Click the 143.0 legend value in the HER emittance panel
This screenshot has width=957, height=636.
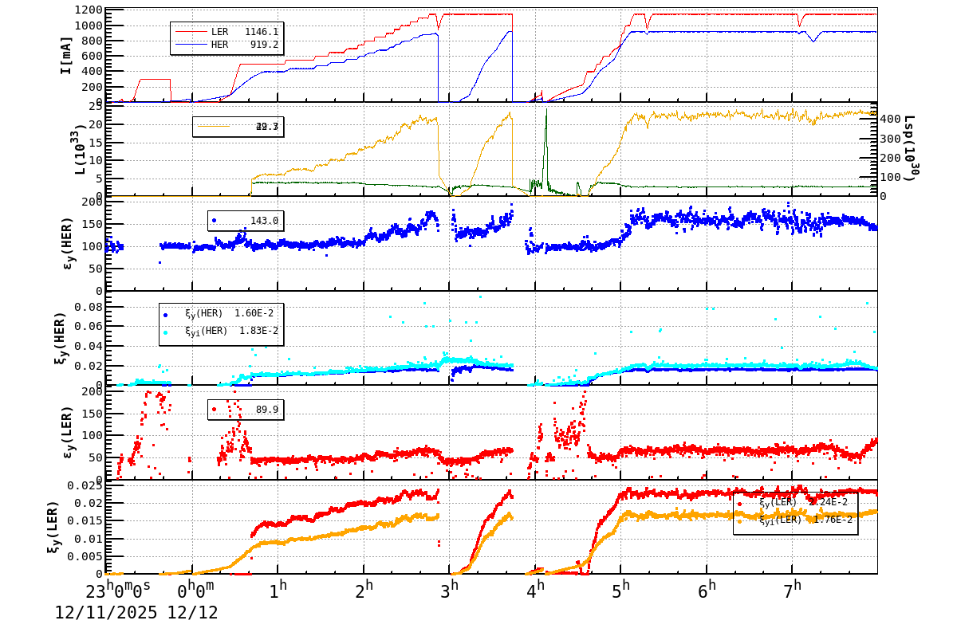(x=264, y=221)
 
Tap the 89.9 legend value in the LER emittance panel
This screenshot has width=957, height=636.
(x=267, y=410)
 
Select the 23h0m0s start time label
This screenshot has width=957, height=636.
(x=118, y=590)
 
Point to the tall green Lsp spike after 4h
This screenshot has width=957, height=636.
(x=546, y=120)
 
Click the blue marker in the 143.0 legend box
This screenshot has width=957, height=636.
(x=214, y=220)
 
